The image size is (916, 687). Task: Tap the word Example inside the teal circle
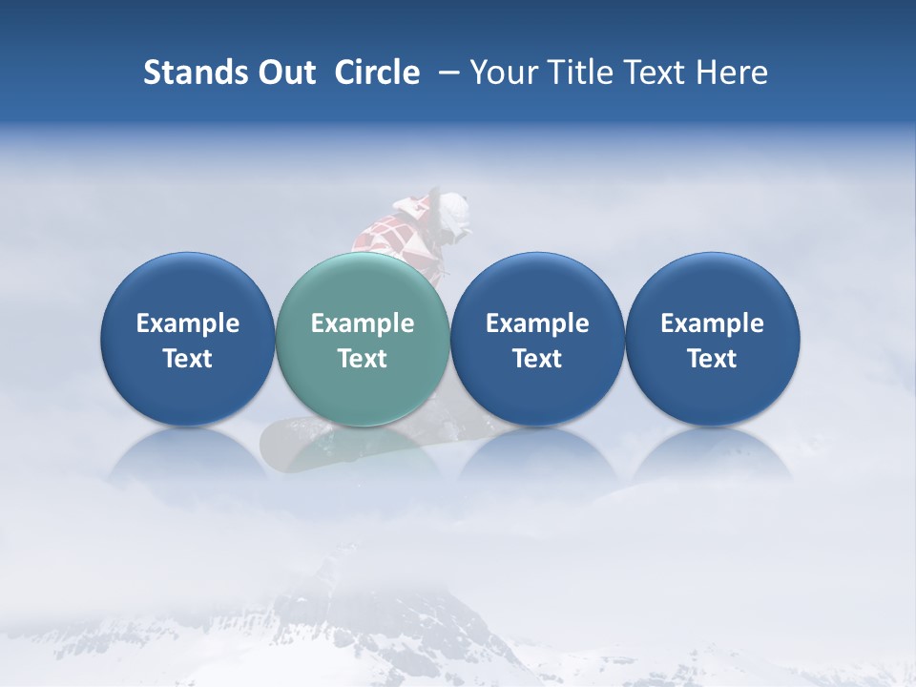click(x=363, y=323)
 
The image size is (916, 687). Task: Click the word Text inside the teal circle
click(x=363, y=359)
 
